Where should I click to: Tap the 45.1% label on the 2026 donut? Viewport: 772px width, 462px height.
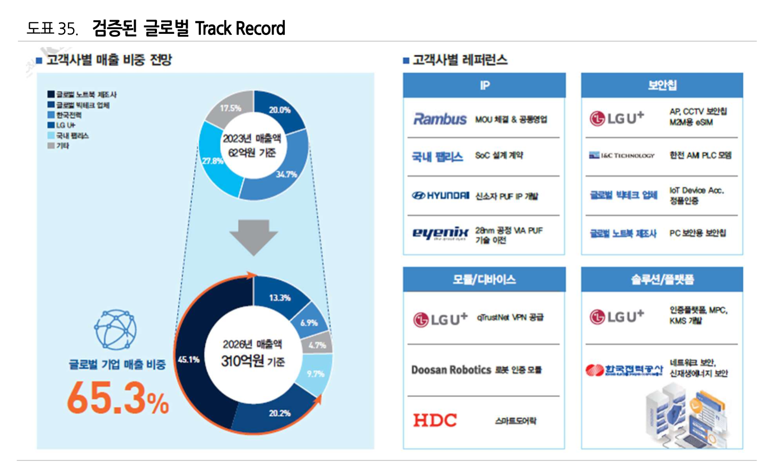click(188, 360)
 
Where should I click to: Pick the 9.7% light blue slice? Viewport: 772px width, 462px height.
click(315, 374)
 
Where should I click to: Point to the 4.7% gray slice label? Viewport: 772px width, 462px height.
click(317, 345)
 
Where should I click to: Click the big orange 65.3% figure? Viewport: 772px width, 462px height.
click(118, 398)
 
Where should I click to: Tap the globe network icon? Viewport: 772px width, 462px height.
click(116, 330)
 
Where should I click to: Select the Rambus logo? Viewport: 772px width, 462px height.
click(440, 119)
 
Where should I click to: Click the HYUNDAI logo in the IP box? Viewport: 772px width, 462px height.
click(440, 196)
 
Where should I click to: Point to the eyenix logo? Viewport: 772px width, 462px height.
click(440, 233)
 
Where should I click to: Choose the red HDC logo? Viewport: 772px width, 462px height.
click(435, 420)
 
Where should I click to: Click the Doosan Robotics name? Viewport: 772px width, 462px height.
click(451, 370)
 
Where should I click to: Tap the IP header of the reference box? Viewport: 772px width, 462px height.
click(484, 85)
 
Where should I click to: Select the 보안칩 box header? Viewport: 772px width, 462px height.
click(662, 85)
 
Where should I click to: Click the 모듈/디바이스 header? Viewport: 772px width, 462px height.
click(484, 279)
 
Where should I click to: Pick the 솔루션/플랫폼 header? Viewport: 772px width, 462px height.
click(662, 279)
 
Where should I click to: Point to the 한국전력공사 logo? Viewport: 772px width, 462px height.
click(624, 369)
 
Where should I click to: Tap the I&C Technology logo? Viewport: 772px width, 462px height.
click(622, 155)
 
